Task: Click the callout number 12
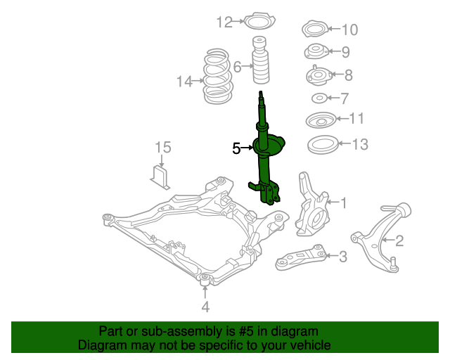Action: click(x=224, y=22)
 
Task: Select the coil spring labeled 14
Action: click(x=217, y=76)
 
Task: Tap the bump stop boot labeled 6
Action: click(x=261, y=60)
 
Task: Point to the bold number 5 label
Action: click(x=236, y=148)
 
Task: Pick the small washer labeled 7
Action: click(x=319, y=98)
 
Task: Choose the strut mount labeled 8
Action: click(x=319, y=76)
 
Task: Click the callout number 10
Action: click(x=350, y=30)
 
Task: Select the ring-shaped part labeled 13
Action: click(x=322, y=144)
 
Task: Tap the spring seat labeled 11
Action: click(x=321, y=120)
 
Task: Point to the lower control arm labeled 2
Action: click(x=380, y=238)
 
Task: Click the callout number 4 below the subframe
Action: click(x=205, y=307)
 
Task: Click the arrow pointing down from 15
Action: click(x=162, y=161)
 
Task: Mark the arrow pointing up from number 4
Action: click(x=205, y=292)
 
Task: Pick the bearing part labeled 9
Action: click(x=316, y=52)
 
